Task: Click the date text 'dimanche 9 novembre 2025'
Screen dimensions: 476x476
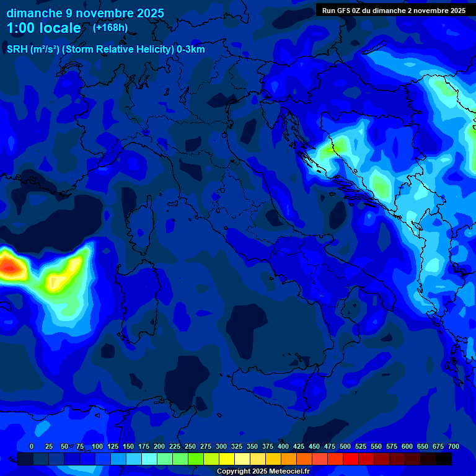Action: [x=85, y=13]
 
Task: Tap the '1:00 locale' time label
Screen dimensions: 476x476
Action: [x=44, y=28]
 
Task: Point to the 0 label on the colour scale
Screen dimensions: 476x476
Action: [x=32, y=446]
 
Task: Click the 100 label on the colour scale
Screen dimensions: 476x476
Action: [x=97, y=446]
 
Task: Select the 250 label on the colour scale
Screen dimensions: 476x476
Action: [x=190, y=446]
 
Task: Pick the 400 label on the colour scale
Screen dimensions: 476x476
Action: [x=283, y=446]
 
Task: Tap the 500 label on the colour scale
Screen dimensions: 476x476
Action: [x=345, y=446]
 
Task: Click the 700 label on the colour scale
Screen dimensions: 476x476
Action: [x=454, y=446]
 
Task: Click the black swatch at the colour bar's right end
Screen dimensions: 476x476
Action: [x=444, y=459]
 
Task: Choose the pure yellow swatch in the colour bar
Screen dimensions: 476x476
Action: [x=227, y=459]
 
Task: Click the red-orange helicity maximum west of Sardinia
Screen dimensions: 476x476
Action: [x=9, y=267]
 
